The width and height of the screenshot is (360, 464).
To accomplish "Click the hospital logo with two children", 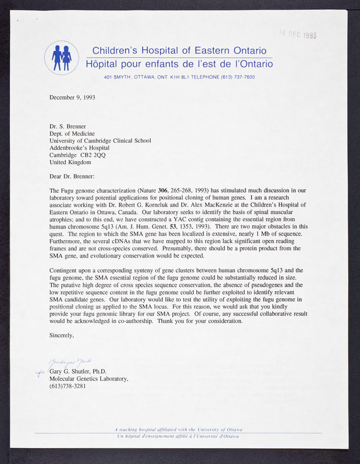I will coord(61,57).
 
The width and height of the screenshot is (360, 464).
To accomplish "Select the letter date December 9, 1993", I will coord(72,97).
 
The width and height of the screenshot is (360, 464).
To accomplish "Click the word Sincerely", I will coord(62,335).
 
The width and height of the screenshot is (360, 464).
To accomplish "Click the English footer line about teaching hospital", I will coord(178,429).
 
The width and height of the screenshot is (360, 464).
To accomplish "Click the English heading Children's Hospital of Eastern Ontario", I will coord(180,50).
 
